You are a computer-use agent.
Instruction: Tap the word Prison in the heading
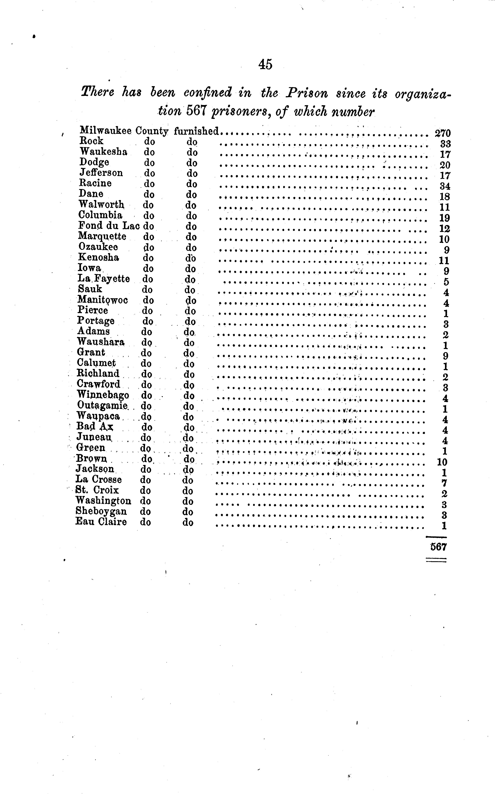click(x=307, y=93)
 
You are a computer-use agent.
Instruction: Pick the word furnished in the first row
click(x=196, y=131)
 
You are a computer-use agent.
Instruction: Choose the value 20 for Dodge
click(x=445, y=165)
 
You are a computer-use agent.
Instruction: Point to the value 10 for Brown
click(x=442, y=462)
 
